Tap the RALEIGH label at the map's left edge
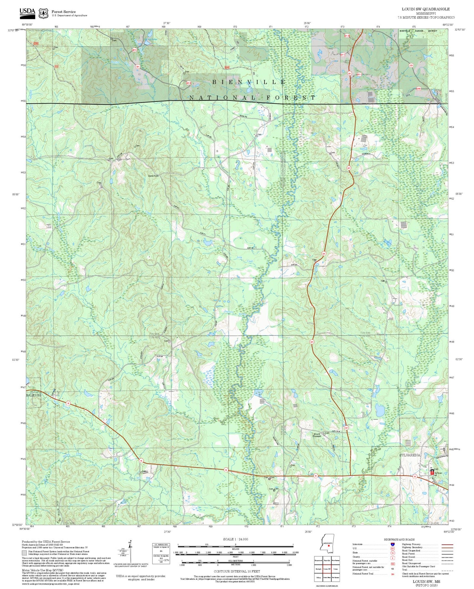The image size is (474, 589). (x=33, y=396)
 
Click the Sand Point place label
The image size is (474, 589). (x=153, y=176)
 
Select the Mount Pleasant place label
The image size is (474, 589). (x=317, y=435)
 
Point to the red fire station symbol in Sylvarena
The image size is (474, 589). (x=432, y=471)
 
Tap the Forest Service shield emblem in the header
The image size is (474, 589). (x=43, y=13)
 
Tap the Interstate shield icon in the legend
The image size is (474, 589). (x=393, y=544)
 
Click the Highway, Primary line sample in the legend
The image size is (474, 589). (x=447, y=544)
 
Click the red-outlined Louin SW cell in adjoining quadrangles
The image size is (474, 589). (x=327, y=569)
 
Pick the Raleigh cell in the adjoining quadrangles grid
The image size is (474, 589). (x=319, y=569)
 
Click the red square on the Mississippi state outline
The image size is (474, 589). (x=329, y=546)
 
